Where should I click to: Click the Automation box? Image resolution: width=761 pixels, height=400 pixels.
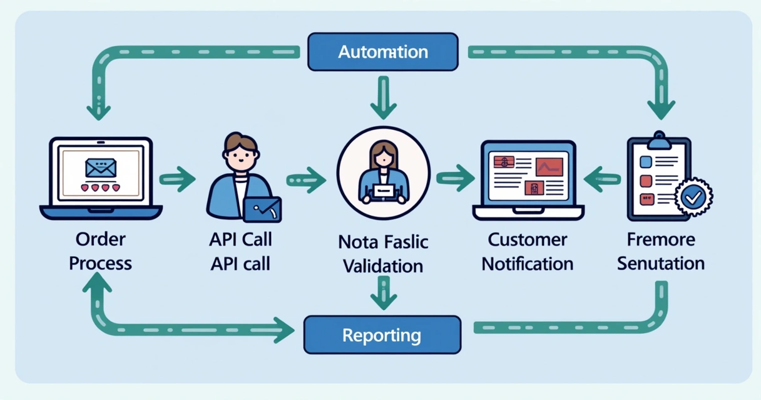[x=383, y=52]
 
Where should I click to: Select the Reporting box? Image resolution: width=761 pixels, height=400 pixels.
[x=382, y=335]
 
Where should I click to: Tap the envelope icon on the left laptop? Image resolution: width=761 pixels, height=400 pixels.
[x=101, y=167]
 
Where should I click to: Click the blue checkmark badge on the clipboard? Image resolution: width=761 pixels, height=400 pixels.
[x=693, y=197]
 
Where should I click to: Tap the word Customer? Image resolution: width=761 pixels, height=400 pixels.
[x=527, y=240]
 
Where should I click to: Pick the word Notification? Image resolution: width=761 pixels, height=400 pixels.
[x=527, y=264]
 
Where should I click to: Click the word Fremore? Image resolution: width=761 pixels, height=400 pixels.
[x=661, y=240]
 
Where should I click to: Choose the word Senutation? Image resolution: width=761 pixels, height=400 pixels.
[x=661, y=264]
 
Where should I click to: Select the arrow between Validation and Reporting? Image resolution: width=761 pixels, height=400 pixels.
[x=384, y=292]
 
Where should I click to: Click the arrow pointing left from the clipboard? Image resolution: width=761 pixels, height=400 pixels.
[x=601, y=179]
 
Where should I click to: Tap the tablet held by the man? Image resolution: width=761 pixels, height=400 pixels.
[x=262, y=209]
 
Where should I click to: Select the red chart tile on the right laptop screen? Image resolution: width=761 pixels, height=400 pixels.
[x=549, y=166]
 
